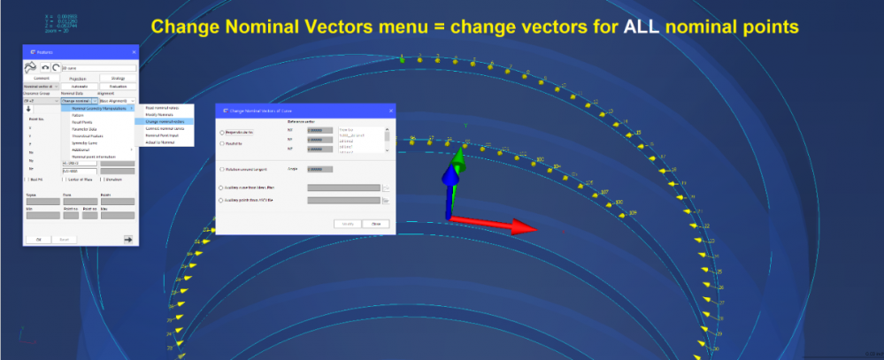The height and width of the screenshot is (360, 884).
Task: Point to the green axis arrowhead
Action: point(458,157)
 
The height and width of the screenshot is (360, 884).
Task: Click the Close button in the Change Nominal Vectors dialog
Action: point(376,224)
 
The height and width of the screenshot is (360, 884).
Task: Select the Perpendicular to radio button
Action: point(222,133)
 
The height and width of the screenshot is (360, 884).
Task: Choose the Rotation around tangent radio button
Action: point(222,169)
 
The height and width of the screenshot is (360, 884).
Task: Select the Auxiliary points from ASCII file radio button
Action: point(222,201)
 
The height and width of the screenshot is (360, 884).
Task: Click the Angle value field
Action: point(319,169)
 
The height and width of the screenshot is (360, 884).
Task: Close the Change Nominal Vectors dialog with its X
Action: point(387,111)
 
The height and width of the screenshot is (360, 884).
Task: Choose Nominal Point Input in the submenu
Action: point(159,135)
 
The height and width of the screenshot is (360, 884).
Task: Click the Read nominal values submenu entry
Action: point(159,107)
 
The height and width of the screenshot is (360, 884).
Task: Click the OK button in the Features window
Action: point(38,239)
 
